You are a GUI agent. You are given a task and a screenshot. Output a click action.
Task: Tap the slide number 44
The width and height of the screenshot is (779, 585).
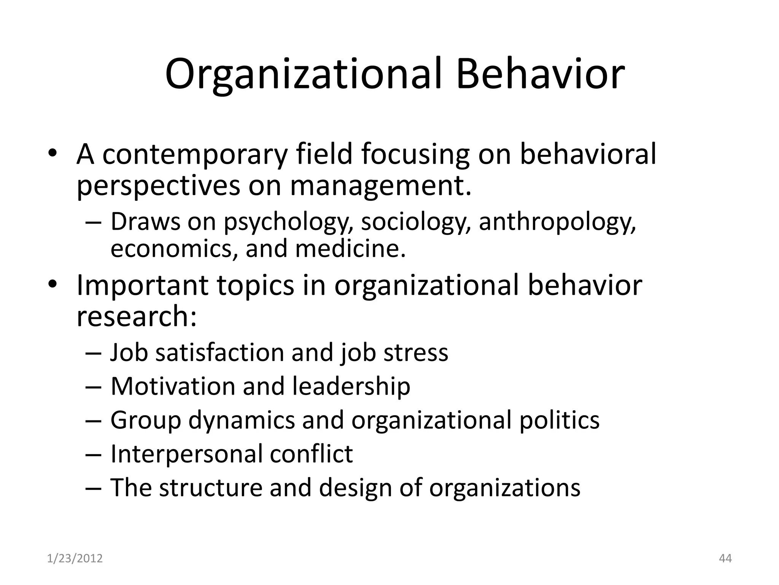click(x=725, y=558)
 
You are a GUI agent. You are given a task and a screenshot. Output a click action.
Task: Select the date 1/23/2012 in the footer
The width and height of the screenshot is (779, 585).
click(x=75, y=558)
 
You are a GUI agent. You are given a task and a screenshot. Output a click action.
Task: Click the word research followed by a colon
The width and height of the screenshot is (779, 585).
click(x=137, y=316)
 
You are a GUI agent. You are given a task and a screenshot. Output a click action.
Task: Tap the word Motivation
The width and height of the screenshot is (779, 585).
click(x=173, y=386)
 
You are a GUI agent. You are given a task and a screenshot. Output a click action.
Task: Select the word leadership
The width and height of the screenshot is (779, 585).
click(x=351, y=386)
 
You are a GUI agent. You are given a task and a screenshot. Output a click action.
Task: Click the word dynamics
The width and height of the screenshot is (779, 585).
click(x=242, y=420)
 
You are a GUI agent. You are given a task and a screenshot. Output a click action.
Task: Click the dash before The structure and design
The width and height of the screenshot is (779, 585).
click(x=94, y=488)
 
